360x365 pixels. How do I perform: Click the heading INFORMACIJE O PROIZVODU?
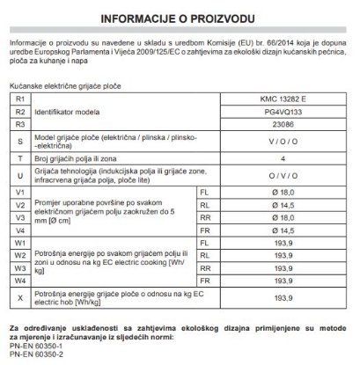(x=180, y=17)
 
